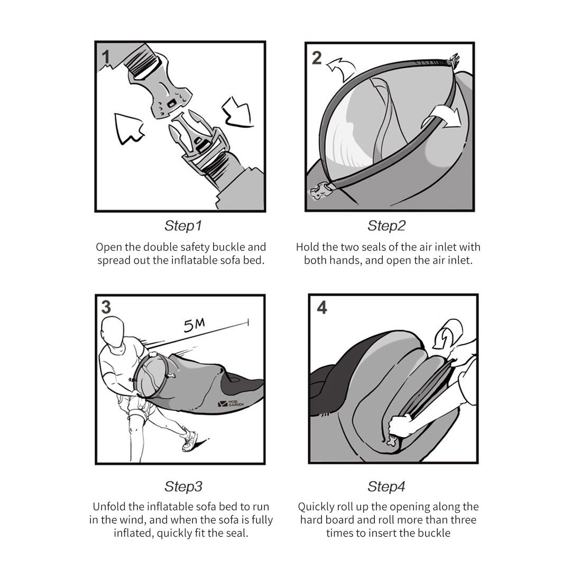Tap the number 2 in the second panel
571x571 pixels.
click(x=317, y=58)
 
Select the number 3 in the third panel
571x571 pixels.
click(x=106, y=307)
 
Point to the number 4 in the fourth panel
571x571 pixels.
click(x=322, y=307)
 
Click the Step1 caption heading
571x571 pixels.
click(x=183, y=226)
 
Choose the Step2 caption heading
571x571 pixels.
click(x=386, y=226)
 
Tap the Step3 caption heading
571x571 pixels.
click(x=183, y=486)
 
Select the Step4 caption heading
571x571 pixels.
click(x=386, y=486)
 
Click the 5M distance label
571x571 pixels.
click(x=194, y=325)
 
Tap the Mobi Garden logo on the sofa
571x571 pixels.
click(x=231, y=403)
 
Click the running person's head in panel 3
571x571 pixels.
click(x=113, y=331)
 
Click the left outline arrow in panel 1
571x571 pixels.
click(x=127, y=128)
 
